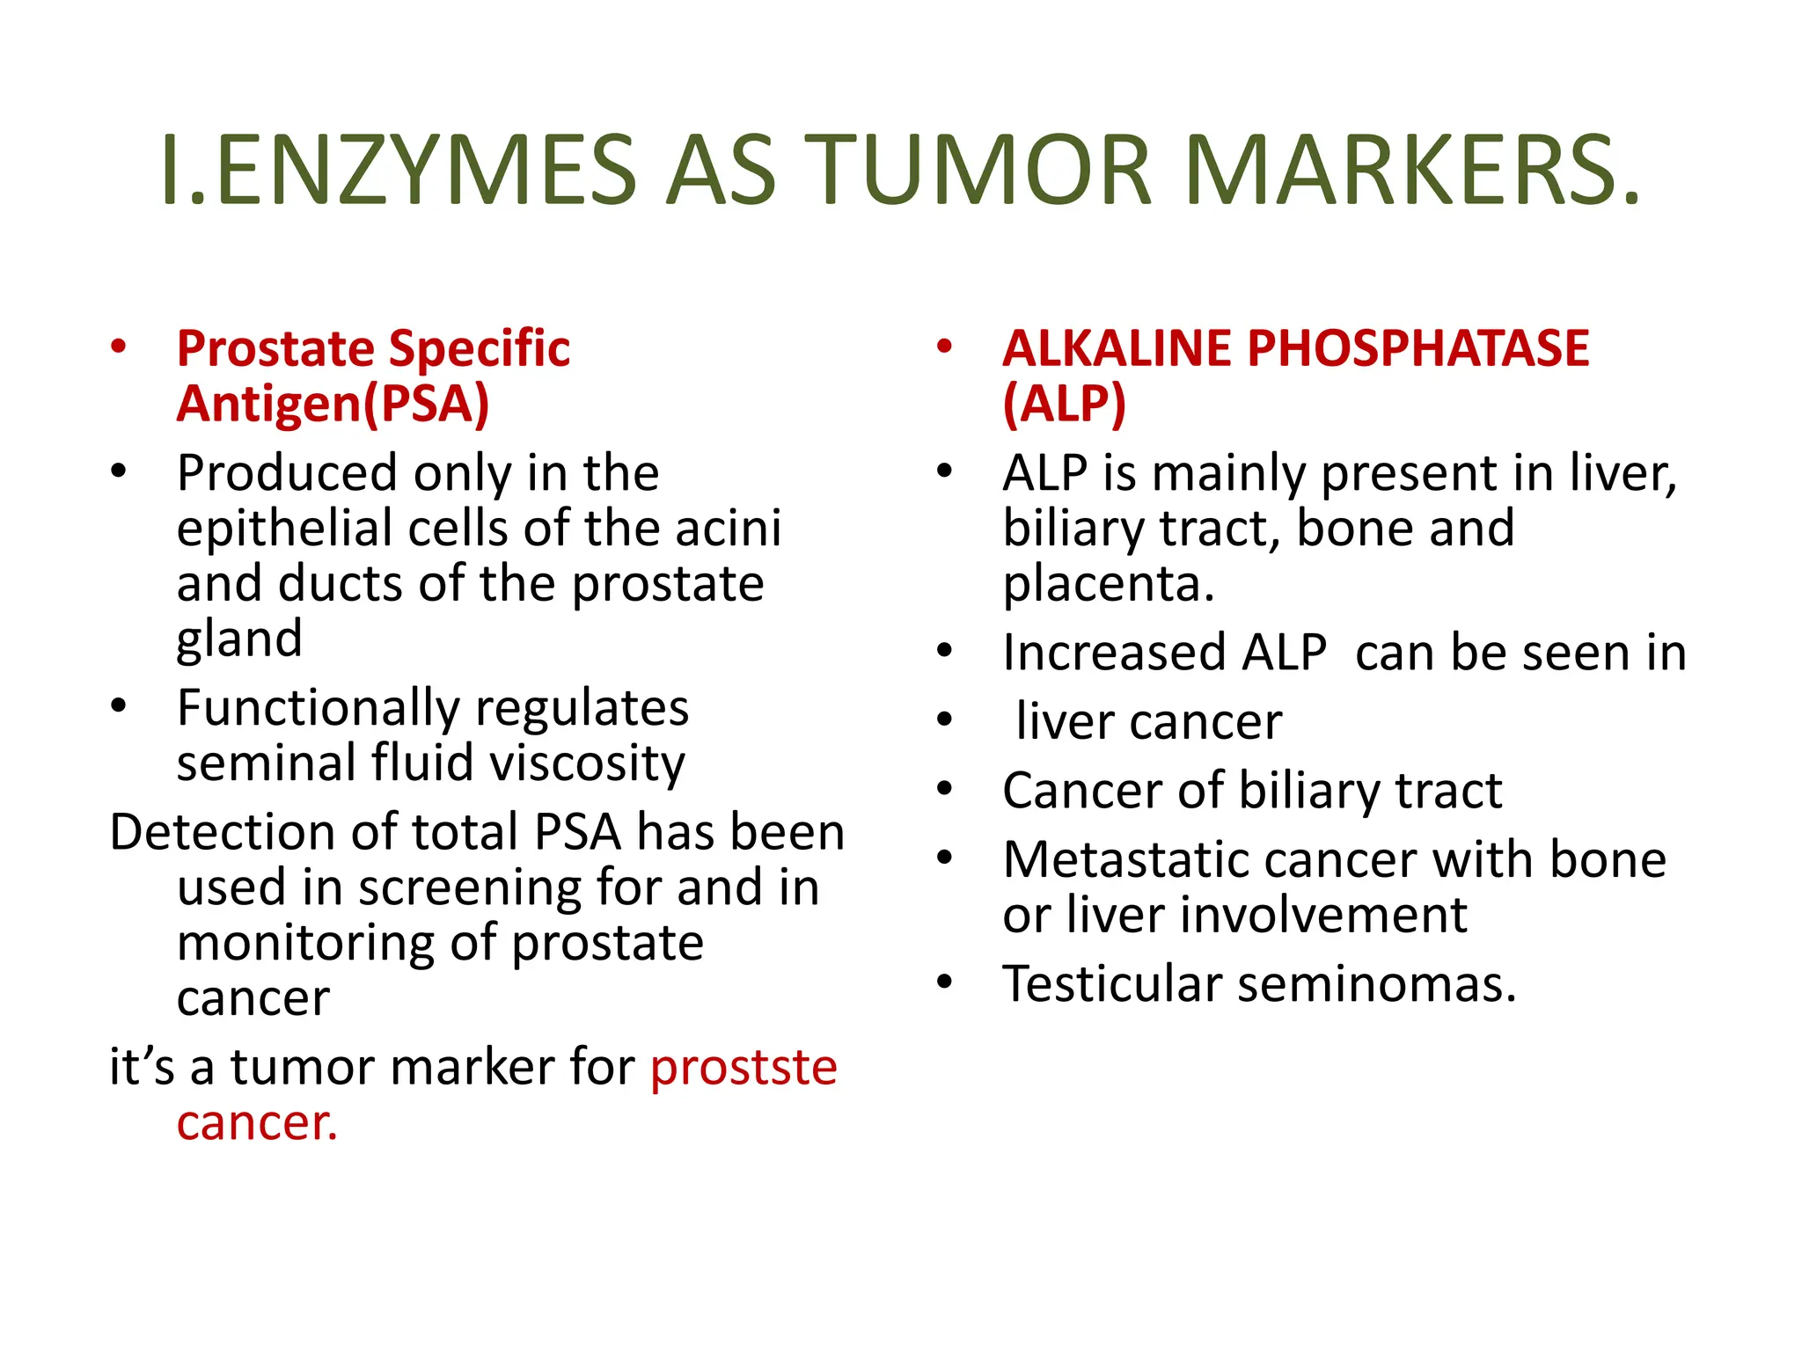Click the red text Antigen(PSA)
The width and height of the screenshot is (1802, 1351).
click(333, 404)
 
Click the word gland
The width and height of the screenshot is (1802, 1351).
click(239, 639)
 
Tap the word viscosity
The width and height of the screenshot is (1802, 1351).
click(587, 763)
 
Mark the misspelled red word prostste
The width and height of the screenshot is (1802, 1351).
click(744, 1068)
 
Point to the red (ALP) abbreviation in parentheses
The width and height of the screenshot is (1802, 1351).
click(1065, 404)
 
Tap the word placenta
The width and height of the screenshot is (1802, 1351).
click(1109, 584)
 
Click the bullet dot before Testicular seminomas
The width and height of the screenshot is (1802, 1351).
click(945, 982)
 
